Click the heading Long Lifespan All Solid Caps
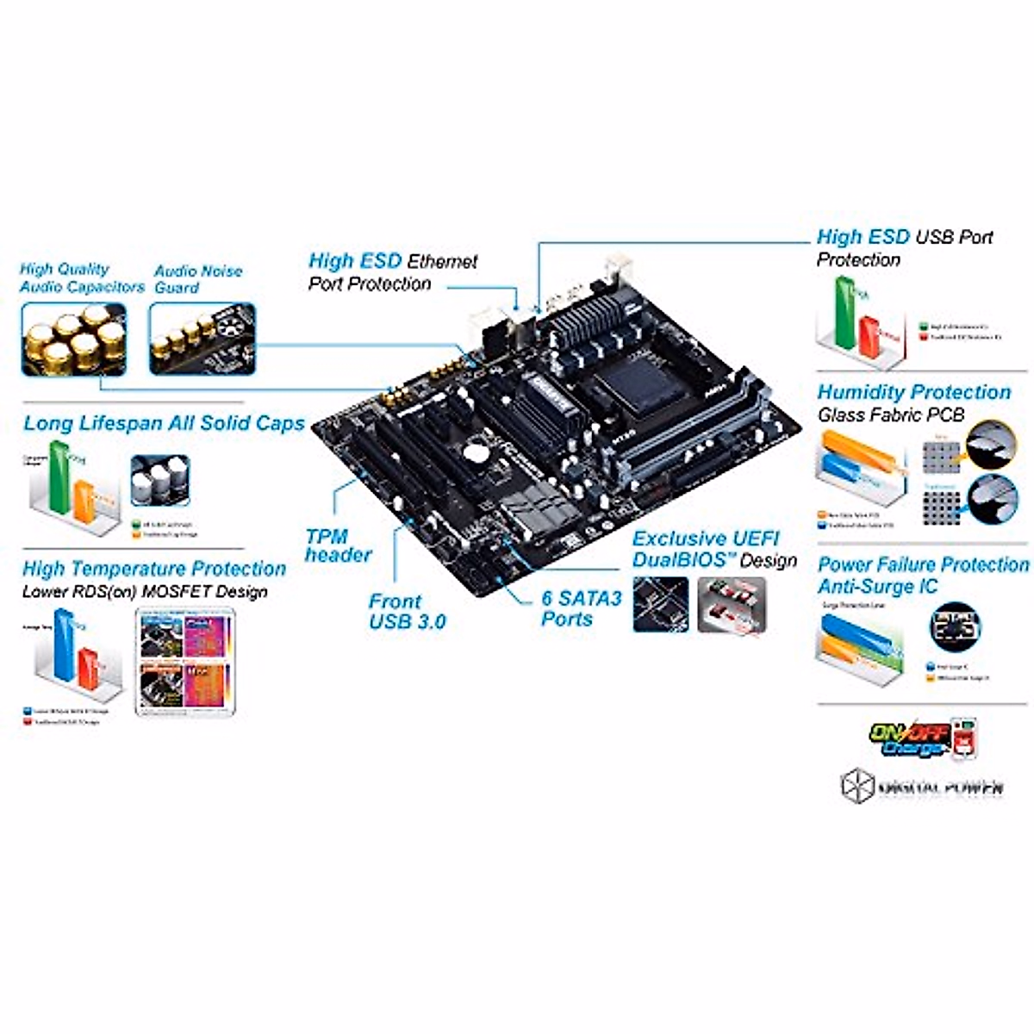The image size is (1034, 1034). pyautogui.click(x=164, y=423)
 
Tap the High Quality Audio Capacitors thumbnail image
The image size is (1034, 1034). pyautogui.click(x=73, y=339)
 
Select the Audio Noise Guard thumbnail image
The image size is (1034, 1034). pyautogui.click(x=202, y=339)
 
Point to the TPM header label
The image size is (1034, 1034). pyautogui.click(x=338, y=545)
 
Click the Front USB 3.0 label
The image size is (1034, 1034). pyautogui.click(x=407, y=611)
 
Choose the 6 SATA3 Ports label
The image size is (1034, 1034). pyautogui.click(x=581, y=607)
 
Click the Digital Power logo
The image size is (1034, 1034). pyautogui.click(x=922, y=784)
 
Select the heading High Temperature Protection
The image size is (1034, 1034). pyautogui.click(x=154, y=569)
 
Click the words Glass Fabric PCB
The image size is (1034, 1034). pyautogui.click(x=891, y=415)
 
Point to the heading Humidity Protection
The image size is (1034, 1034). pyautogui.click(x=913, y=392)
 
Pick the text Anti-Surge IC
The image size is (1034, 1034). pyautogui.click(x=865, y=588)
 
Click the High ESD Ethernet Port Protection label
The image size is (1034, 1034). pyautogui.click(x=392, y=271)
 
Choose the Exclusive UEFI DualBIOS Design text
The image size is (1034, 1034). pyautogui.click(x=714, y=549)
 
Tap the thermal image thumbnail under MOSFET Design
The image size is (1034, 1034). pyautogui.click(x=185, y=660)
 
